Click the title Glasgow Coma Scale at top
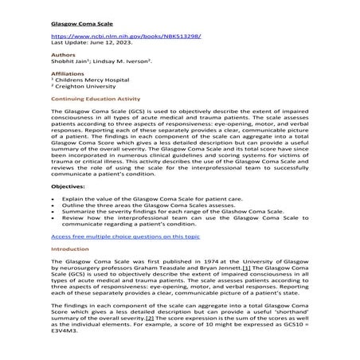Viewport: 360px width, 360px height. [x=77, y=25]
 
